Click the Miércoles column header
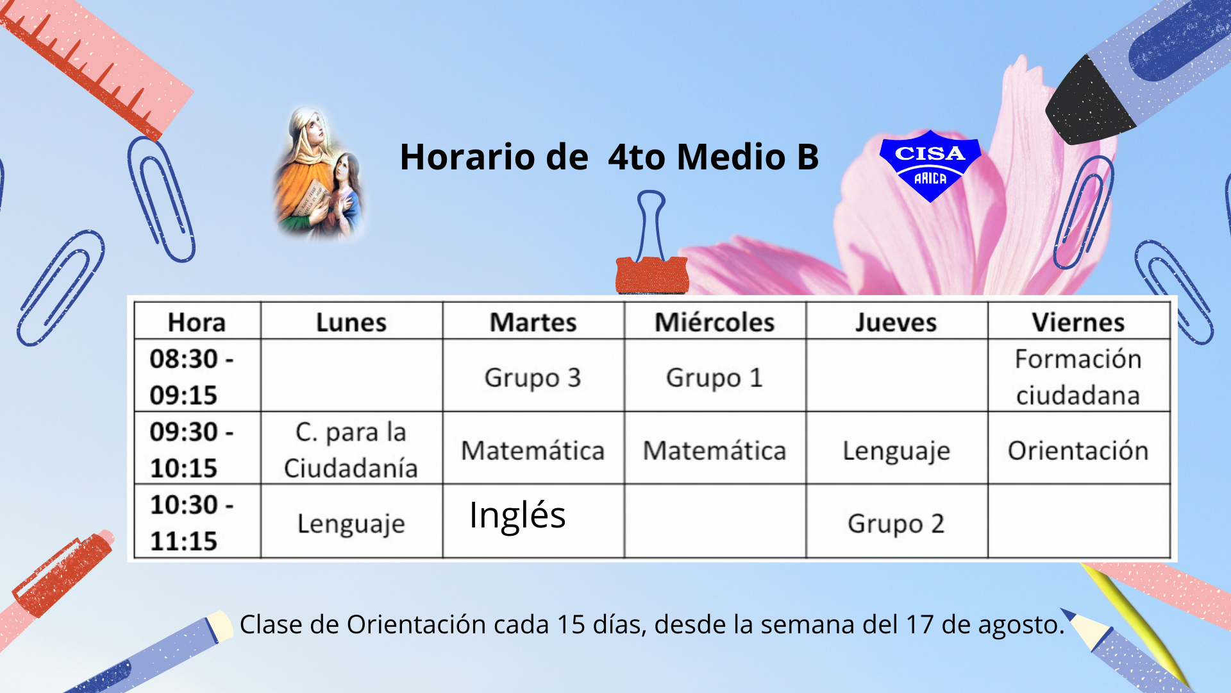pyautogui.click(x=714, y=322)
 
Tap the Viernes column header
pyautogui.click(x=1078, y=322)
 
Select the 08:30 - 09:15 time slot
pyautogui.click(x=192, y=377)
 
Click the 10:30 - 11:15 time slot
pyautogui.click(x=192, y=523)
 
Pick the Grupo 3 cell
pyautogui.click(x=533, y=377)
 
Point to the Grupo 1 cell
pyautogui.click(x=714, y=377)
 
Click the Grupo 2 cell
pyautogui.click(x=896, y=524)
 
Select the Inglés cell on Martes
pyautogui.click(x=517, y=515)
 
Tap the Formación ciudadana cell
pyautogui.click(x=1078, y=377)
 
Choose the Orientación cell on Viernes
pyautogui.click(x=1078, y=450)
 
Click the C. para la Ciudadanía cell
pyautogui.click(x=351, y=450)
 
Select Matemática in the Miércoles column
pyautogui.click(x=714, y=450)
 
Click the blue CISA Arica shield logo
pyautogui.click(x=930, y=166)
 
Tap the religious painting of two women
pyautogui.click(x=319, y=173)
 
